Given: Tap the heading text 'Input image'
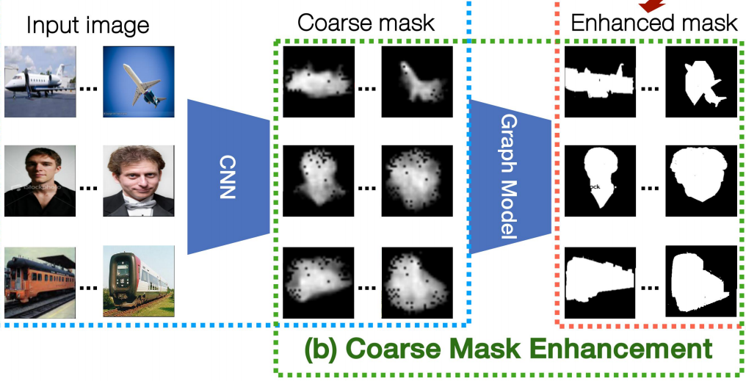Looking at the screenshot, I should pos(87,26).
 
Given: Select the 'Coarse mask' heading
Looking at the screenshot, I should pos(366,22).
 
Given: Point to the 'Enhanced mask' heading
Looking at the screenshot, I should pos(653,22).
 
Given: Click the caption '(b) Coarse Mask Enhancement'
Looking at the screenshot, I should pos(508,348).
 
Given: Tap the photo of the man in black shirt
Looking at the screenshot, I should pos(40,180).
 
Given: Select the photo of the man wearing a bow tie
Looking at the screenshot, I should pos(138,180).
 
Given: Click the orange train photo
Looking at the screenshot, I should pos(40,281).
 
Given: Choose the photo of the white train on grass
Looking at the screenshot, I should pos(138,281).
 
